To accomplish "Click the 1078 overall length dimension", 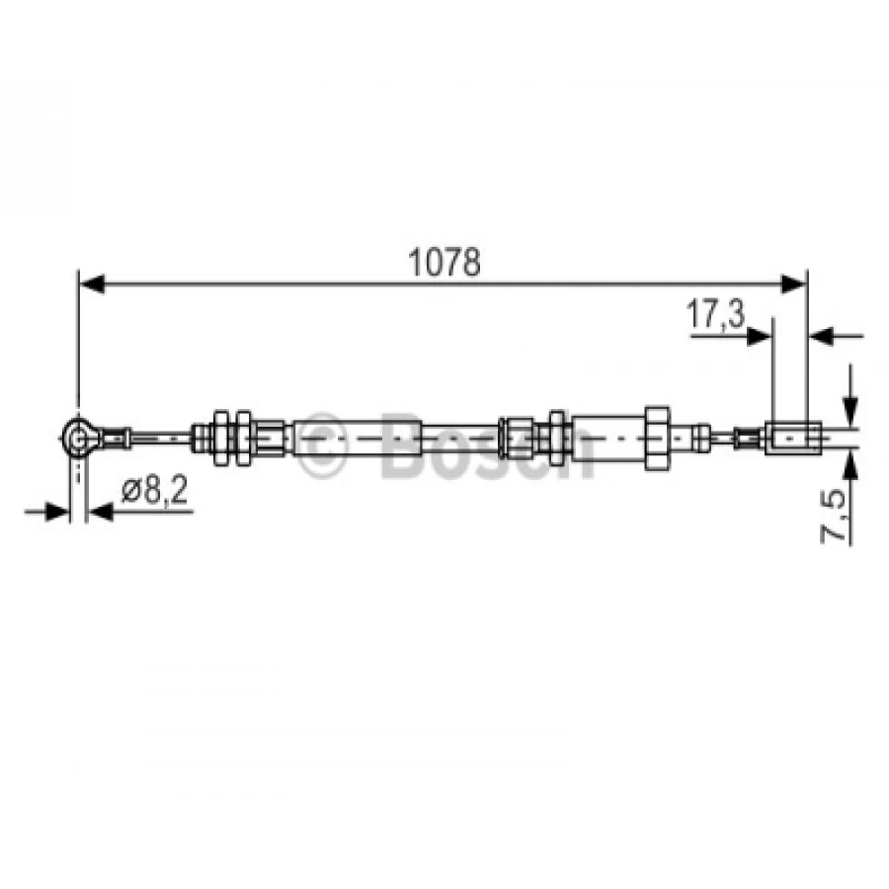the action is coord(444,262).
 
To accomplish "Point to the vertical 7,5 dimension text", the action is coord(833,516).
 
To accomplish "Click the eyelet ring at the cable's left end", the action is coord(77,438).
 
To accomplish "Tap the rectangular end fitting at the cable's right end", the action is coord(793,438).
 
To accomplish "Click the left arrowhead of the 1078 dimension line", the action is coord(91,283).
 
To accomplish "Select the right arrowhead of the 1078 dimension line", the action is coord(792,283).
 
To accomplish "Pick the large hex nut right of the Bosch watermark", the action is coord(657,438).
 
